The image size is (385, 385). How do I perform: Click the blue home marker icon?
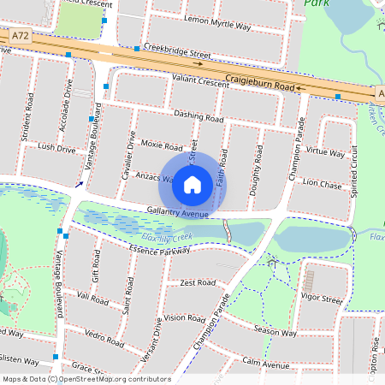coord(192,184)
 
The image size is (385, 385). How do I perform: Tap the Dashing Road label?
coord(198,115)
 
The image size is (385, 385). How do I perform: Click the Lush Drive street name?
coord(56,148)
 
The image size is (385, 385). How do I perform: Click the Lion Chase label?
coord(322,183)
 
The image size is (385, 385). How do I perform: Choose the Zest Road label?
coord(197,282)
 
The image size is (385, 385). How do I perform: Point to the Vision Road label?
coord(185,317)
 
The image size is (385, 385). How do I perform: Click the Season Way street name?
coord(275,332)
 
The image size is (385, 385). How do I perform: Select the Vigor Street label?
coord(321,299)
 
